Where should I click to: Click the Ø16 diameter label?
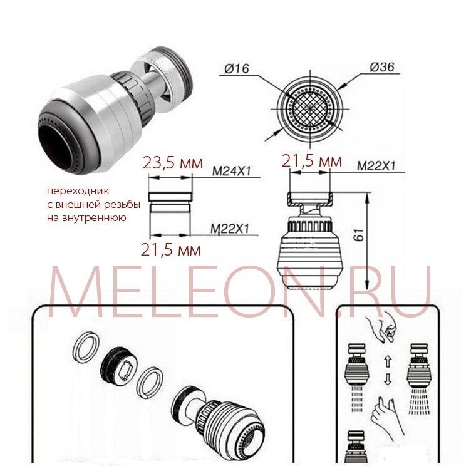[x=237, y=68]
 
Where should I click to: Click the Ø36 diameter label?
[x=382, y=67]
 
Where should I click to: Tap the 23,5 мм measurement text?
[x=172, y=163]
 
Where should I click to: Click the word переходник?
[x=78, y=191]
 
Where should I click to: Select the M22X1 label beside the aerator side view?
[x=376, y=166]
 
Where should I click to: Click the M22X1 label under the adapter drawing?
[x=230, y=229]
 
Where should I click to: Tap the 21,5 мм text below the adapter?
[x=170, y=250]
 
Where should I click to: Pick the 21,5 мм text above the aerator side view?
[x=312, y=161]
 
